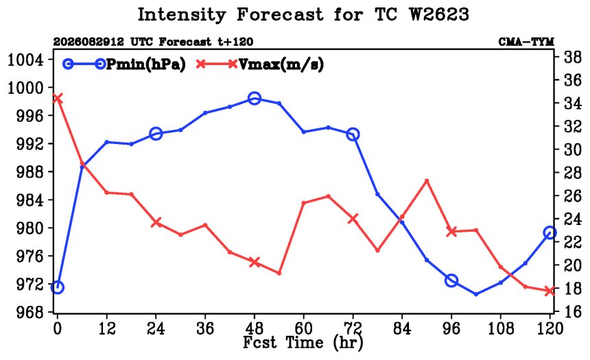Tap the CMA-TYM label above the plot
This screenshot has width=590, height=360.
point(526,42)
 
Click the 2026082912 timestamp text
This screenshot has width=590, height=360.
point(88,42)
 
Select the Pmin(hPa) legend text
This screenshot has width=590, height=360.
point(146,64)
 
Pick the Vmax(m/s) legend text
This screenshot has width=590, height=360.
point(281,64)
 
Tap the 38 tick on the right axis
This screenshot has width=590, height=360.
point(572,57)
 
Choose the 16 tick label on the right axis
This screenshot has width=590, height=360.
point(572,312)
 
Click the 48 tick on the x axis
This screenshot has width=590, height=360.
point(255,328)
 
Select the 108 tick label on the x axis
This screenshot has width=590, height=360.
point(500,328)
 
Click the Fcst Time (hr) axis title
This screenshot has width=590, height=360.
point(303,343)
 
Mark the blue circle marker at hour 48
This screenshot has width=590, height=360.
point(255,99)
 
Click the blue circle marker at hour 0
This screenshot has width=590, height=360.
point(57,288)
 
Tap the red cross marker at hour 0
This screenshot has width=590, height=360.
point(57,99)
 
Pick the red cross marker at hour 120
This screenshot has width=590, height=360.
point(550,291)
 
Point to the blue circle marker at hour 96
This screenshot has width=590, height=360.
point(451,280)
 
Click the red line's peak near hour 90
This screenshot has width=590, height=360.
point(427,180)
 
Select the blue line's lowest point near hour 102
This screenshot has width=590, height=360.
point(476,294)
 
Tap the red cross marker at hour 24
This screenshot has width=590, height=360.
point(156,222)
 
